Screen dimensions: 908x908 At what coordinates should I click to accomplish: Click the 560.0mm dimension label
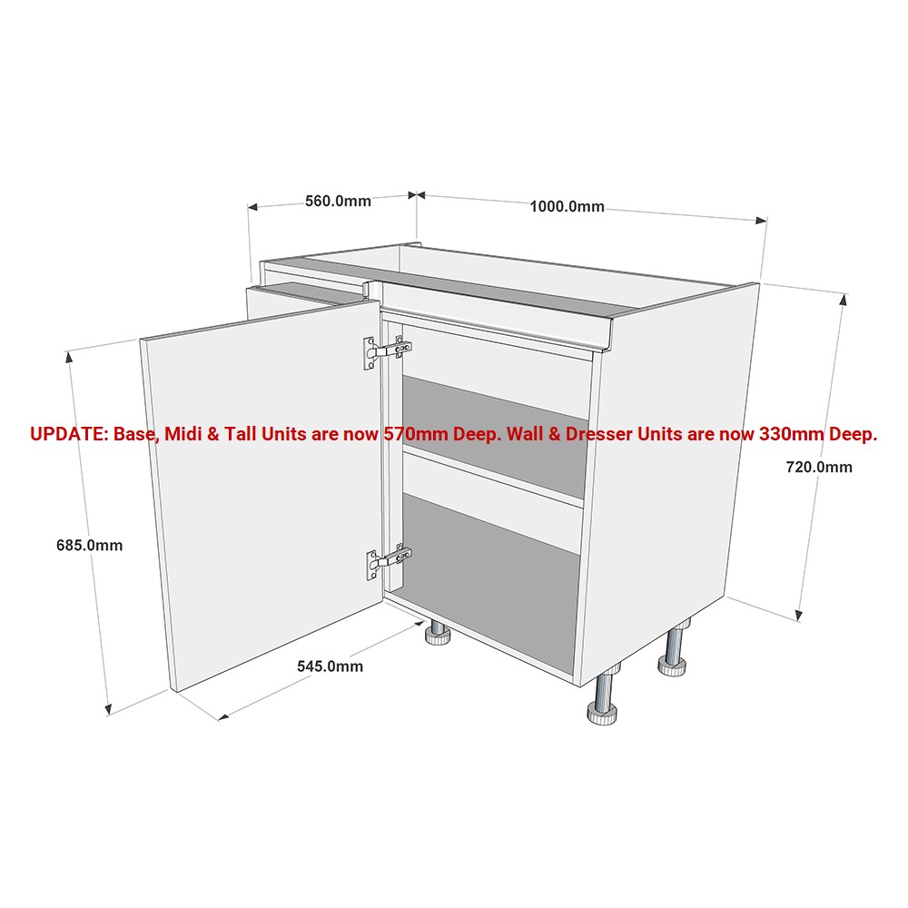pyautogui.click(x=338, y=201)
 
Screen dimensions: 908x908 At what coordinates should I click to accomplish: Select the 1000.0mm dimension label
pyautogui.click(x=567, y=207)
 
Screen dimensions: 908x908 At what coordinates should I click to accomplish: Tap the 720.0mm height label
pyautogui.click(x=819, y=467)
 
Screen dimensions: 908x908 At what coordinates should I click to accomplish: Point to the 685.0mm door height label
pyautogui.click(x=89, y=545)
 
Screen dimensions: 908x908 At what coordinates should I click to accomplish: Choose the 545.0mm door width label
pyautogui.click(x=331, y=666)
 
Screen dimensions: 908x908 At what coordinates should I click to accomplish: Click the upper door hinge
pyautogui.click(x=387, y=350)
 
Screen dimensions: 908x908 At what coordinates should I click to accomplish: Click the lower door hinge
pyautogui.click(x=388, y=562)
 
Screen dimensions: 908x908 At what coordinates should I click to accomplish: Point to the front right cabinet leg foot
pyautogui.click(x=602, y=713)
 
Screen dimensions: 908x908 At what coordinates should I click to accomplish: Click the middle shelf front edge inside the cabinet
pyautogui.click(x=493, y=477)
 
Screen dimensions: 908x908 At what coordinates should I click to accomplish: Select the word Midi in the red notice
pyautogui.click(x=182, y=434)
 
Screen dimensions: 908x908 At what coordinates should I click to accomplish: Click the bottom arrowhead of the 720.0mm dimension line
pyautogui.click(x=799, y=616)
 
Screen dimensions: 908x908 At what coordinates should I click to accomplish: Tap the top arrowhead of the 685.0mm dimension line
pyautogui.click(x=70, y=357)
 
